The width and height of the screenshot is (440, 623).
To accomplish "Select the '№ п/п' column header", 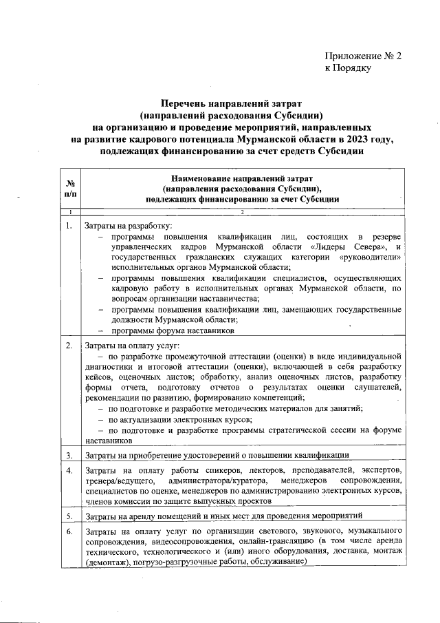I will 69,189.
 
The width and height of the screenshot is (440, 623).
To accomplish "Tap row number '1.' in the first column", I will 68,225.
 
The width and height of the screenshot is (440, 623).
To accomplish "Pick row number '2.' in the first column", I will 68,345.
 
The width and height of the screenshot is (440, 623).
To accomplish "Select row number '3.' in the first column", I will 68,455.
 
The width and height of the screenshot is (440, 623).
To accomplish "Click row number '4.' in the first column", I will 68,470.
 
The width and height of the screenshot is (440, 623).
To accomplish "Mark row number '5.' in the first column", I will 68,515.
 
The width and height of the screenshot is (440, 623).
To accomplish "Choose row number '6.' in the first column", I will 68,531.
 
